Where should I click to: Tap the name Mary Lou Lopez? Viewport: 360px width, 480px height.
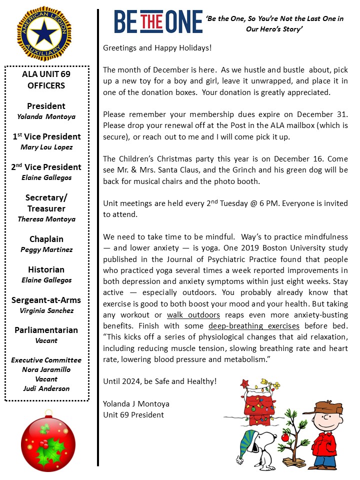pos(46,147)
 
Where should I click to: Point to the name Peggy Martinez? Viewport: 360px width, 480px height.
pos(46,249)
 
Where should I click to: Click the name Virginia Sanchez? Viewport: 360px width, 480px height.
pos(46,310)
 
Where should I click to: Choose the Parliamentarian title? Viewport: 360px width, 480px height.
pos(46,330)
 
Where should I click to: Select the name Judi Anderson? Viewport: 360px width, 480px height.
pos(46,388)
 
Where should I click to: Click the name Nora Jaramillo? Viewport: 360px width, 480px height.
pos(46,369)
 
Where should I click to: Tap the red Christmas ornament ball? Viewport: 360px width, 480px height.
pos(48,442)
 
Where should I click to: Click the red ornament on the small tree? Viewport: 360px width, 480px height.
pos(285,437)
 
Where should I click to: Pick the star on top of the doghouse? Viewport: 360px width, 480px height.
pos(244,383)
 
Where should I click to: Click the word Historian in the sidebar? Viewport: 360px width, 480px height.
pos(46,269)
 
